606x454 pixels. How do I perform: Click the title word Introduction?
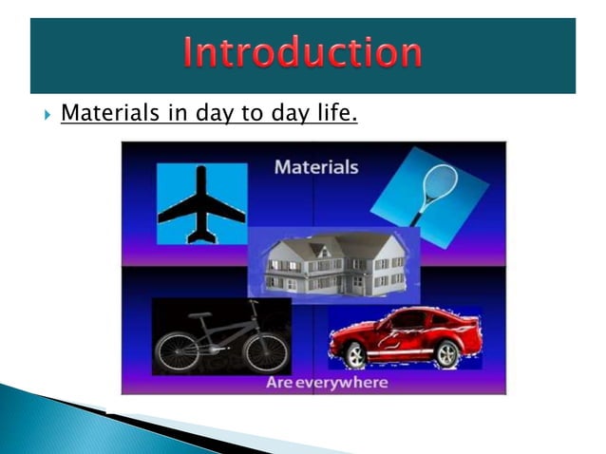point(303,53)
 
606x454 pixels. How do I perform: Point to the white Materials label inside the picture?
point(316,167)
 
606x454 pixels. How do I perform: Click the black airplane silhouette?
point(201,203)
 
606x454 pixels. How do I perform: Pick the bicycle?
point(221,338)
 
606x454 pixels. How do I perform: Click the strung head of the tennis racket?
point(444,180)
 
